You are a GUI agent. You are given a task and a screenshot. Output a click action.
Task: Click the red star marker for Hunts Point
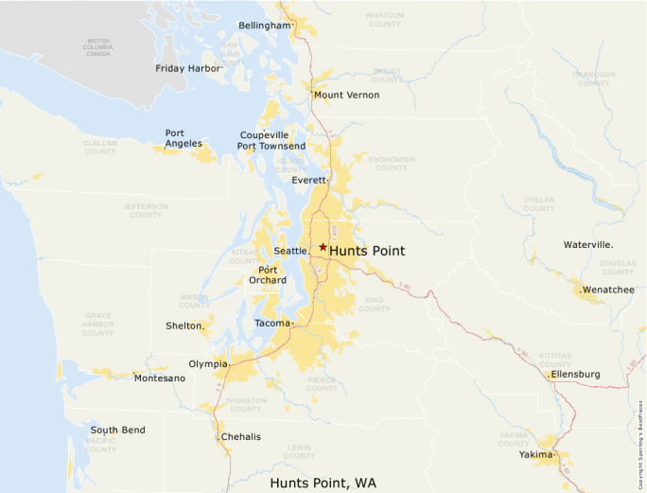pyautogui.click(x=323, y=247)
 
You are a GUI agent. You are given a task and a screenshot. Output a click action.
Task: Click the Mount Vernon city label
pyautogui.click(x=346, y=96)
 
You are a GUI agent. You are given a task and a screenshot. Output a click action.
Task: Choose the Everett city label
pyautogui.click(x=308, y=180)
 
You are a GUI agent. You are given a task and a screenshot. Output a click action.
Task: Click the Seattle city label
pyautogui.click(x=290, y=251)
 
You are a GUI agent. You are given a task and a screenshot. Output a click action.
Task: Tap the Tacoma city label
pyautogui.click(x=272, y=324)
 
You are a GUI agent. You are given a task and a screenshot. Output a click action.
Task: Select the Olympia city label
pyautogui.click(x=207, y=363)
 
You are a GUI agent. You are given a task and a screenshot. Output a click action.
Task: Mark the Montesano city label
pyautogui.click(x=160, y=379)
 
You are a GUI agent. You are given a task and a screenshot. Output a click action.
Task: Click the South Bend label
pyautogui.click(x=117, y=430)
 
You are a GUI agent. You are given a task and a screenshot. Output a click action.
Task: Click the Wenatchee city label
pyautogui.click(x=608, y=290)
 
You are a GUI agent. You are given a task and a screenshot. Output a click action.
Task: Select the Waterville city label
pyautogui.click(x=588, y=244)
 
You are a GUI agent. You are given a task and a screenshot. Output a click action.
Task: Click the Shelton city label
pyautogui.click(x=184, y=326)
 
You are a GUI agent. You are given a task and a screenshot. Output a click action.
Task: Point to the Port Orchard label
pyautogui.click(x=262, y=274)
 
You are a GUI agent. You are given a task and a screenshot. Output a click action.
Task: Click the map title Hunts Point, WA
pyautogui.click(x=323, y=483)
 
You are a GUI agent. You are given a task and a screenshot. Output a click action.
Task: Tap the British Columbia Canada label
pyautogui.click(x=97, y=47)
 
